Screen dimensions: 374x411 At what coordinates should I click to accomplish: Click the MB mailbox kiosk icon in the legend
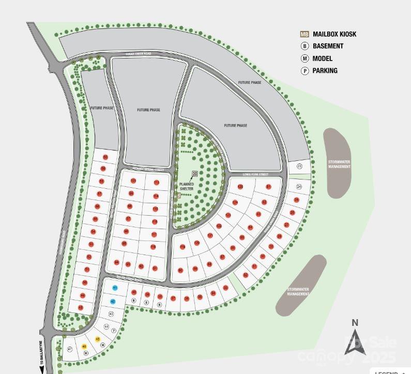coord(305,34)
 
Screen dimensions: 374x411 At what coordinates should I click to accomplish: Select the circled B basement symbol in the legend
coord(305,46)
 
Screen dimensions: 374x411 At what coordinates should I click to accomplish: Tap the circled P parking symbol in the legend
coord(305,71)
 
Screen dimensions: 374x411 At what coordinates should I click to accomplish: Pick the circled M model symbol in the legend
coord(305,58)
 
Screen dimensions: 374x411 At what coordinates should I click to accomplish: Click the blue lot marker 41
coord(115,288)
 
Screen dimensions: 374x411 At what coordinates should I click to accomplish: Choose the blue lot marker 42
coord(113,302)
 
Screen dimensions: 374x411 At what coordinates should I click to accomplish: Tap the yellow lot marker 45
coord(98,339)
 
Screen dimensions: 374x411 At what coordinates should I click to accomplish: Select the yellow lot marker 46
coord(84,346)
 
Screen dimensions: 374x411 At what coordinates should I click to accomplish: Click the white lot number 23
coord(300,166)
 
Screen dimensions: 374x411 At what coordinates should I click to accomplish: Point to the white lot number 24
coord(299,186)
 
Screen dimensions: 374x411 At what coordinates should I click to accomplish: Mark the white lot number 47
coord(70,350)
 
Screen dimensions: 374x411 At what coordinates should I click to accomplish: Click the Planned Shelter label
coord(186,187)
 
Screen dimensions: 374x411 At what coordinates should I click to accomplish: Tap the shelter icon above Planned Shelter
coord(195,174)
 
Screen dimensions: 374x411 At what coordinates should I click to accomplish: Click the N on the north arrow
coord(355,323)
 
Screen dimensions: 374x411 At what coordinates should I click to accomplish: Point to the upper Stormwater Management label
coord(339,164)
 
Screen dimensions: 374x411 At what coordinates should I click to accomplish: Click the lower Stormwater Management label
coord(298,292)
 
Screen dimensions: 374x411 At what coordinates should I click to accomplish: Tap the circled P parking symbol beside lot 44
coord(114,331)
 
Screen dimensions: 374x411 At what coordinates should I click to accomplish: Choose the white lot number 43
coord(111,314)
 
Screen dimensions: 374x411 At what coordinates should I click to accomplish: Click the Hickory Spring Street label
coord(148,169)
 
